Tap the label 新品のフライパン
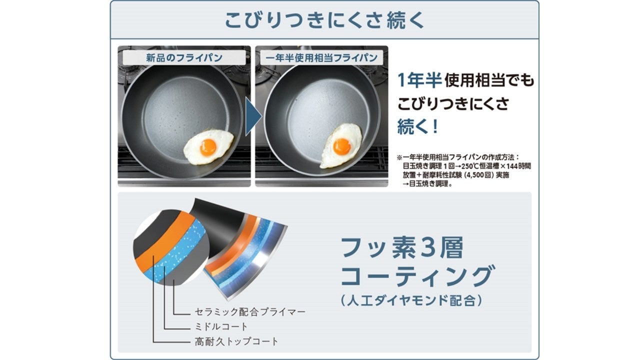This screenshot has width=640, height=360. coord(184,57)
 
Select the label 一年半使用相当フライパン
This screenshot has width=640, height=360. coord(322,57)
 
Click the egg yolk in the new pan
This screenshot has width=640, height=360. coord(208,146)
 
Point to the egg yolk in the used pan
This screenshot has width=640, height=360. coord(342,146)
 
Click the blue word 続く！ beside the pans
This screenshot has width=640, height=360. coord(417,126)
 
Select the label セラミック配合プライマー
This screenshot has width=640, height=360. coord(249,312)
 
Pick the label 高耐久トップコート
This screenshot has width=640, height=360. coord(235,342)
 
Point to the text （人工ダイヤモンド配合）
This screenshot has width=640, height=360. coord(411,300)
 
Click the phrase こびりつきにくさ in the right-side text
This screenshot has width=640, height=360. coord(453,103)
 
